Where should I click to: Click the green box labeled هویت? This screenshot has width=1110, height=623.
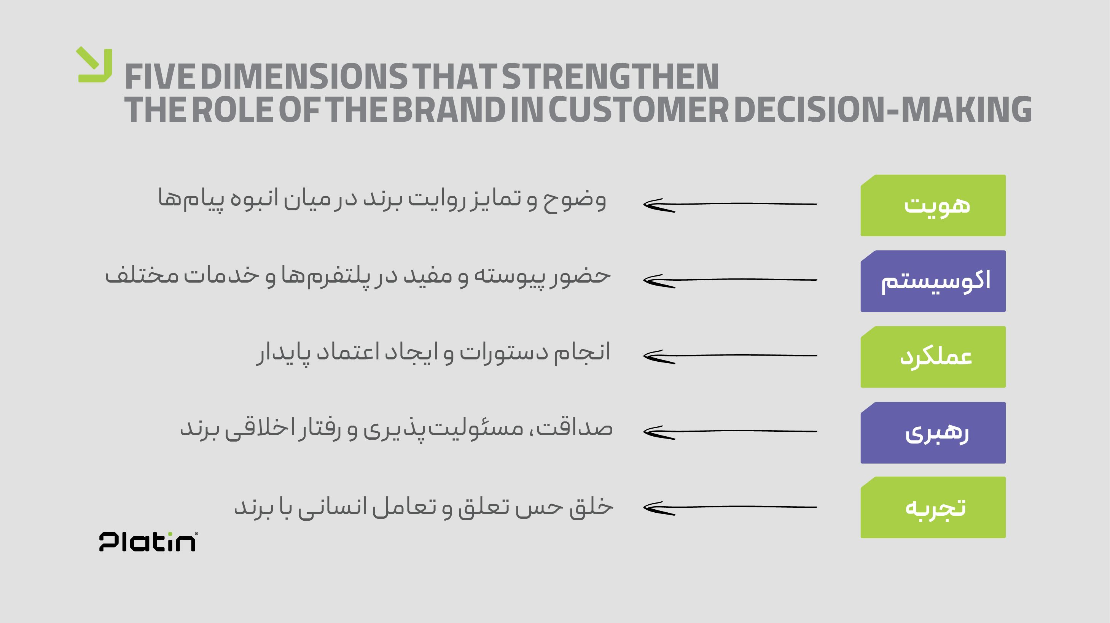pos(933,205)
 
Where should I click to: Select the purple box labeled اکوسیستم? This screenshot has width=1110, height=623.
pos(933,281)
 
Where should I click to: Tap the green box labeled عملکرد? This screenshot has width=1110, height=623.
pos(933,357)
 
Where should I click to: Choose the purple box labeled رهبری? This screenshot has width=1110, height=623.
pos(933,433)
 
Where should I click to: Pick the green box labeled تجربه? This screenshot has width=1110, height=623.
pos(933,507)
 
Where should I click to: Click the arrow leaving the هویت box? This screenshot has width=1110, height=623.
pos(730,204)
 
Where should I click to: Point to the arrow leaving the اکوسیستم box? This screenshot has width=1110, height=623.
pos(730,280)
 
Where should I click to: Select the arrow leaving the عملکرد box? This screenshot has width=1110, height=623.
pos(730,356)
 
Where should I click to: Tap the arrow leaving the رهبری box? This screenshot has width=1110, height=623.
pos(730,431)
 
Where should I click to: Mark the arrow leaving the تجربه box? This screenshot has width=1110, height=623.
pos(730,507)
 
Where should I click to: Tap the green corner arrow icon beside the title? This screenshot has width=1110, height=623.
pos(94,65)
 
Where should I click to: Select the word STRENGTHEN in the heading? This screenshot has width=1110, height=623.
pos(610,76)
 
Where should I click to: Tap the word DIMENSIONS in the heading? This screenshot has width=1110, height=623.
pos(304,76)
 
